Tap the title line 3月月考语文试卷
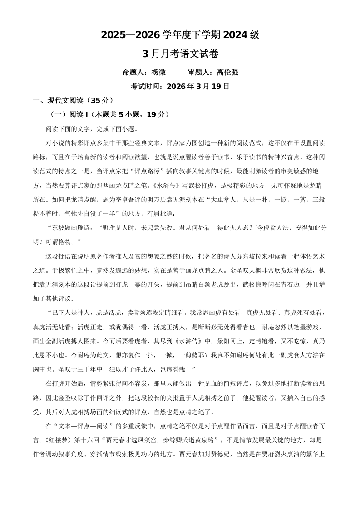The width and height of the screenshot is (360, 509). point(180,54)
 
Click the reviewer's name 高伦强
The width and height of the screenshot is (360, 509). point(227,72)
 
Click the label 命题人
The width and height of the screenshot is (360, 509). point(133,72)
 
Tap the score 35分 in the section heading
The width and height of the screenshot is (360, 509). point(99,100)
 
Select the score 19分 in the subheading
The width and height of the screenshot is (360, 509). point(155,114)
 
